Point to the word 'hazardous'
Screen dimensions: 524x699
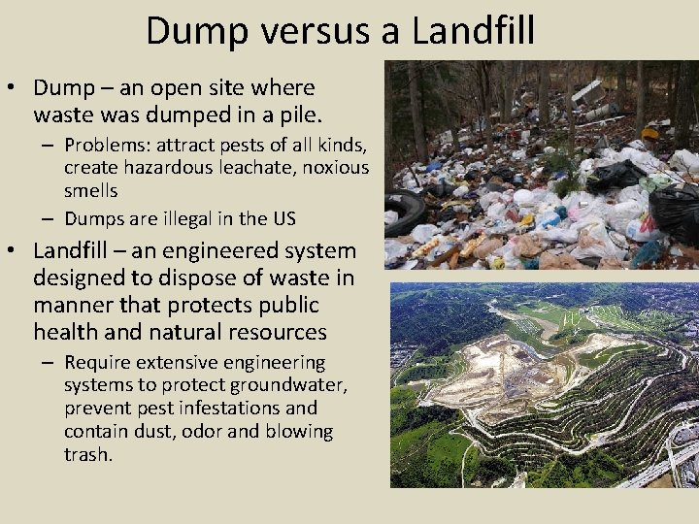156,167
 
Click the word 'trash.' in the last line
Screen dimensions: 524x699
87,453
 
